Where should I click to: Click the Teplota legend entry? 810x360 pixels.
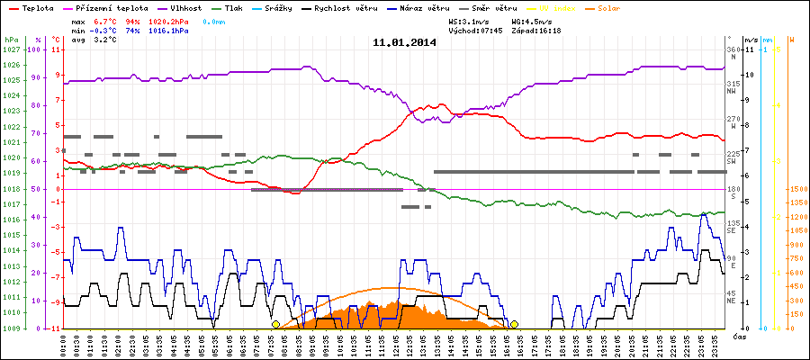[33, 8]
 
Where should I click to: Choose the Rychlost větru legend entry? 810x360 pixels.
[363, 8]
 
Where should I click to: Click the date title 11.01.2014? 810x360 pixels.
[404, 41]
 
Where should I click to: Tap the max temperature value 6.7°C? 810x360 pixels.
[107, 20]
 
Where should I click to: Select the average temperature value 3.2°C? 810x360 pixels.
[107, 40]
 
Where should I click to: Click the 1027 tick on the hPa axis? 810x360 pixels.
[11, 49]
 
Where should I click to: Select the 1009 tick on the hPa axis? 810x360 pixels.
[11, 328]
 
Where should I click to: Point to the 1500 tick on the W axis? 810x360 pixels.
[796, 189]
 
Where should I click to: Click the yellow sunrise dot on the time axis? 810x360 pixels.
[275, 324]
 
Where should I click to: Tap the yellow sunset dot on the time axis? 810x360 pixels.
[514, 324]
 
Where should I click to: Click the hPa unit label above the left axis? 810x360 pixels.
[10, 40]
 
